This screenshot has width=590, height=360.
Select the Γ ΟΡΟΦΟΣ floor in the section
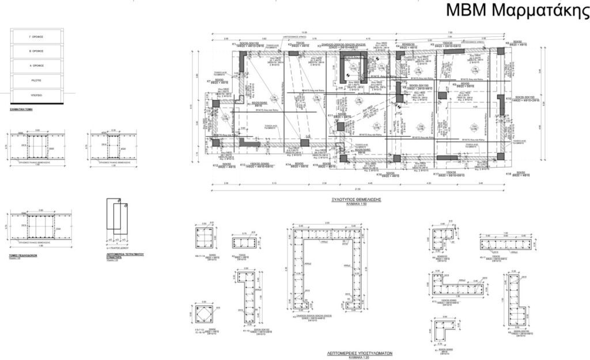coord(37,36)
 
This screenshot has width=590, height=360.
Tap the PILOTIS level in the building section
coord(37,79)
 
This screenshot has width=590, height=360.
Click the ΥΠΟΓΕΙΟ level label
coord(37,94)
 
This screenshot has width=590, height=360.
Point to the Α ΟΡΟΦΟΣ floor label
coord(37,65)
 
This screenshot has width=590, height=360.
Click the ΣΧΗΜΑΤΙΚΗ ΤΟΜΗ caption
coord(21,108)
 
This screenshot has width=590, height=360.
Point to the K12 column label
coord(214,165)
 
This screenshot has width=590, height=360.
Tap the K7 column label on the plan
coord(209,81)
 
